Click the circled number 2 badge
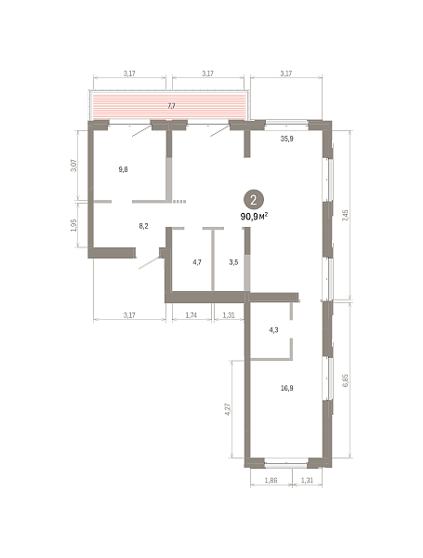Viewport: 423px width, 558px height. click(x=254, y=199)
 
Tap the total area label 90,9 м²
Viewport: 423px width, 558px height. click(x=254, y=216)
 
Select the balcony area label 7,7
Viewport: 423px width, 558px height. click(x=171, y=106)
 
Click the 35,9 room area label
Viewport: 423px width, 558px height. click(x=286, y=139)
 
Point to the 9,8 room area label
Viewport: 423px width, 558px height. click(x=123, y=169)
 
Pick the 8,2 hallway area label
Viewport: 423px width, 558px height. click(x=143, y=226)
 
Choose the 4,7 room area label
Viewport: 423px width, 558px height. click(x=197, y=262)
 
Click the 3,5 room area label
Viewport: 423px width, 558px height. click(x=233, y=262)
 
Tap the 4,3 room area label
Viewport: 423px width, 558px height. click(x=273, y=330)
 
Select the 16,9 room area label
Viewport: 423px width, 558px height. click(x=286, y=388)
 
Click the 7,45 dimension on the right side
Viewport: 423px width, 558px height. click(x=345, y=217)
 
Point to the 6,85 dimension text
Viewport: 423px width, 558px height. click(x=345, y=380)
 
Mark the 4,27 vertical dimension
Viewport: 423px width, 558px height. click(x=229, y=409)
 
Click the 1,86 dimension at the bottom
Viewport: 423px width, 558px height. click(x=271, y=480)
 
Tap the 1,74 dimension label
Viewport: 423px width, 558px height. click(x=192, y=315)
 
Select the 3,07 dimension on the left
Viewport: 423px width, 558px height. click(x=73, y=166)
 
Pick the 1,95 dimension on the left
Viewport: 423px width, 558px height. click(x=73, y=225)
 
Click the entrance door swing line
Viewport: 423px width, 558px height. click(x=150, y=262)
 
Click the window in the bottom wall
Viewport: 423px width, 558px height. click(x=286, y=463)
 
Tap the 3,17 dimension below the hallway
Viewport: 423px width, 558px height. click(x=129, y=315)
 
